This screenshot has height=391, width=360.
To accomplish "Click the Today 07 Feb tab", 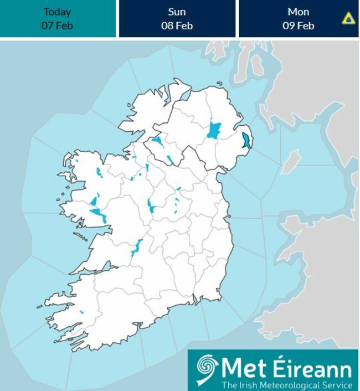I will coord(58,18).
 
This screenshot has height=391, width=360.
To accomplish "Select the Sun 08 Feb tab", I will coord(177,18).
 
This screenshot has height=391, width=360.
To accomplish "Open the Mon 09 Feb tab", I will coord(299,18).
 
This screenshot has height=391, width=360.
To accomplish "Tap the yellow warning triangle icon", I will coord(348,19).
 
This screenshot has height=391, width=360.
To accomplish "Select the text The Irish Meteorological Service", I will coord(286,385).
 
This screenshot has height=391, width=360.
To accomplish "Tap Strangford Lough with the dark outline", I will coord(247,139).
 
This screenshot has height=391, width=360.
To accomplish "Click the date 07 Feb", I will coord(58,25).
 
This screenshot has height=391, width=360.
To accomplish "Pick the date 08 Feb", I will coord(177,25).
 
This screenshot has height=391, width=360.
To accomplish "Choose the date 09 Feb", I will coord(299,25).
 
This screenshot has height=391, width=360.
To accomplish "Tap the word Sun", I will coord(177,12).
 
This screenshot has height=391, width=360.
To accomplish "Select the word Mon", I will coord(299,12).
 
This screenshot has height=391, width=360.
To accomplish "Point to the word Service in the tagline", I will coord(336,385).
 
